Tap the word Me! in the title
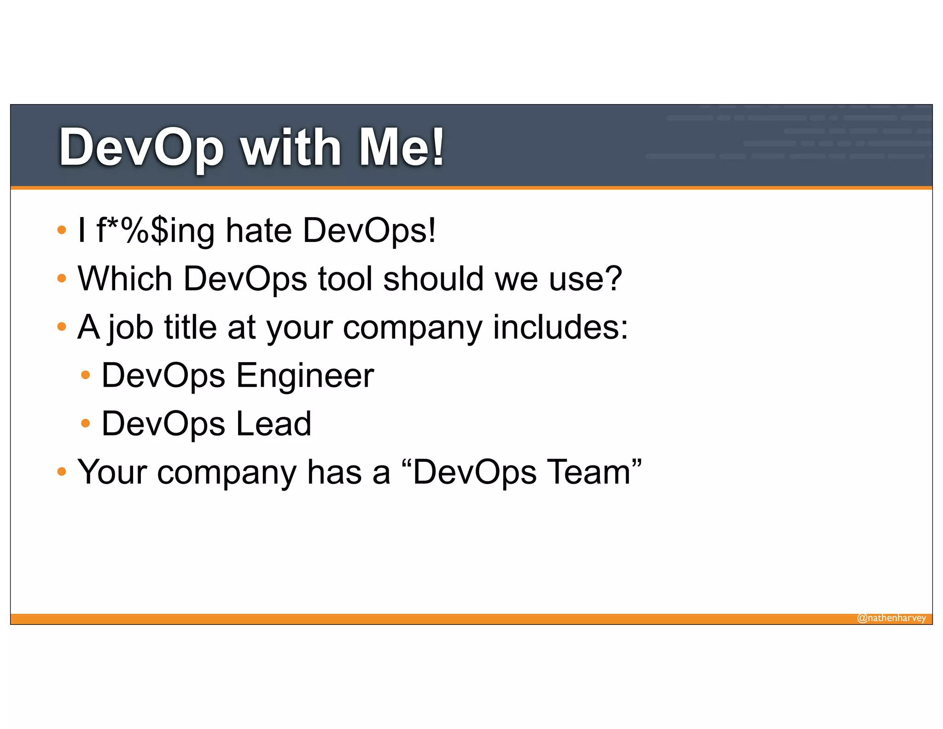tap(401, 147)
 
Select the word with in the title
tap(291, 147)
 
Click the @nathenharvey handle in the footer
tap(891, 618)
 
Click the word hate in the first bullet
tap(259, 230)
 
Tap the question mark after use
tap(613, 279)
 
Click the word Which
tap(125, 279)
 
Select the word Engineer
tap(305, 376)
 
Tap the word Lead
tap(274, 424)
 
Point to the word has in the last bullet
tap(334, 472)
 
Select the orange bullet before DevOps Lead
tap(85, 423)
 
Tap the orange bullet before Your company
tap(62, 471)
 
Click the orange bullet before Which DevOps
tap(62, 278)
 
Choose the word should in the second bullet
tap(433, 279)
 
